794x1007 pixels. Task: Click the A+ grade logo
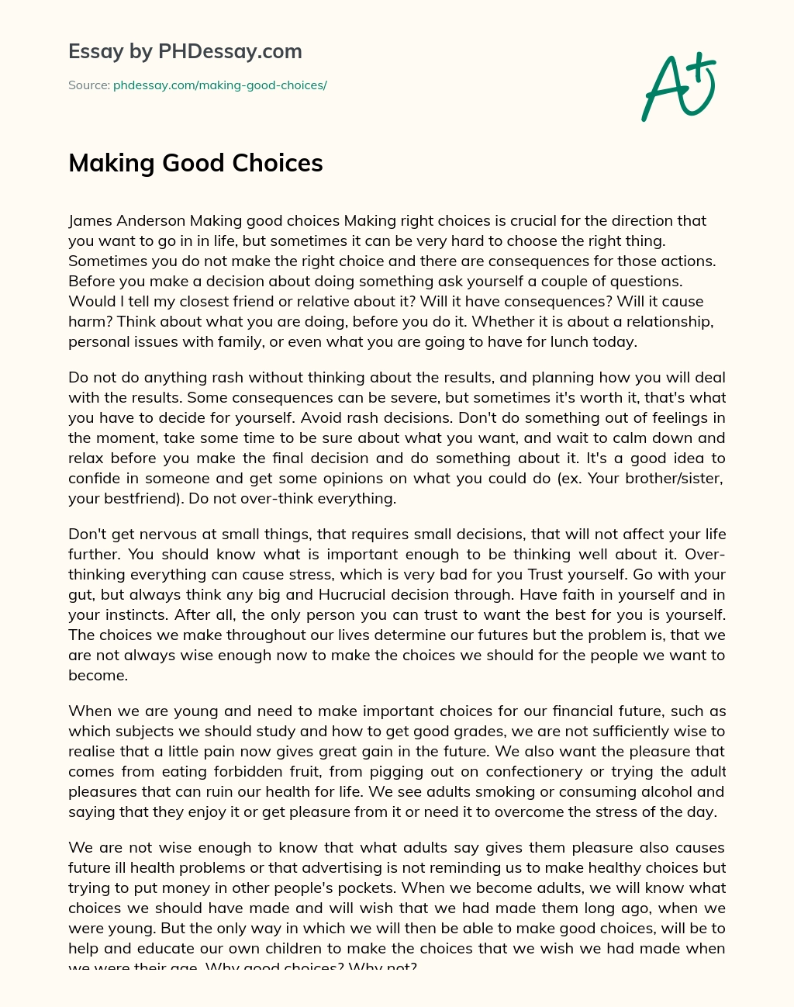click(x=678, y=87)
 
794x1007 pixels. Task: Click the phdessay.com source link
click(x=219, y=85)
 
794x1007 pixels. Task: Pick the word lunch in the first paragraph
click(x=573, y=341)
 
